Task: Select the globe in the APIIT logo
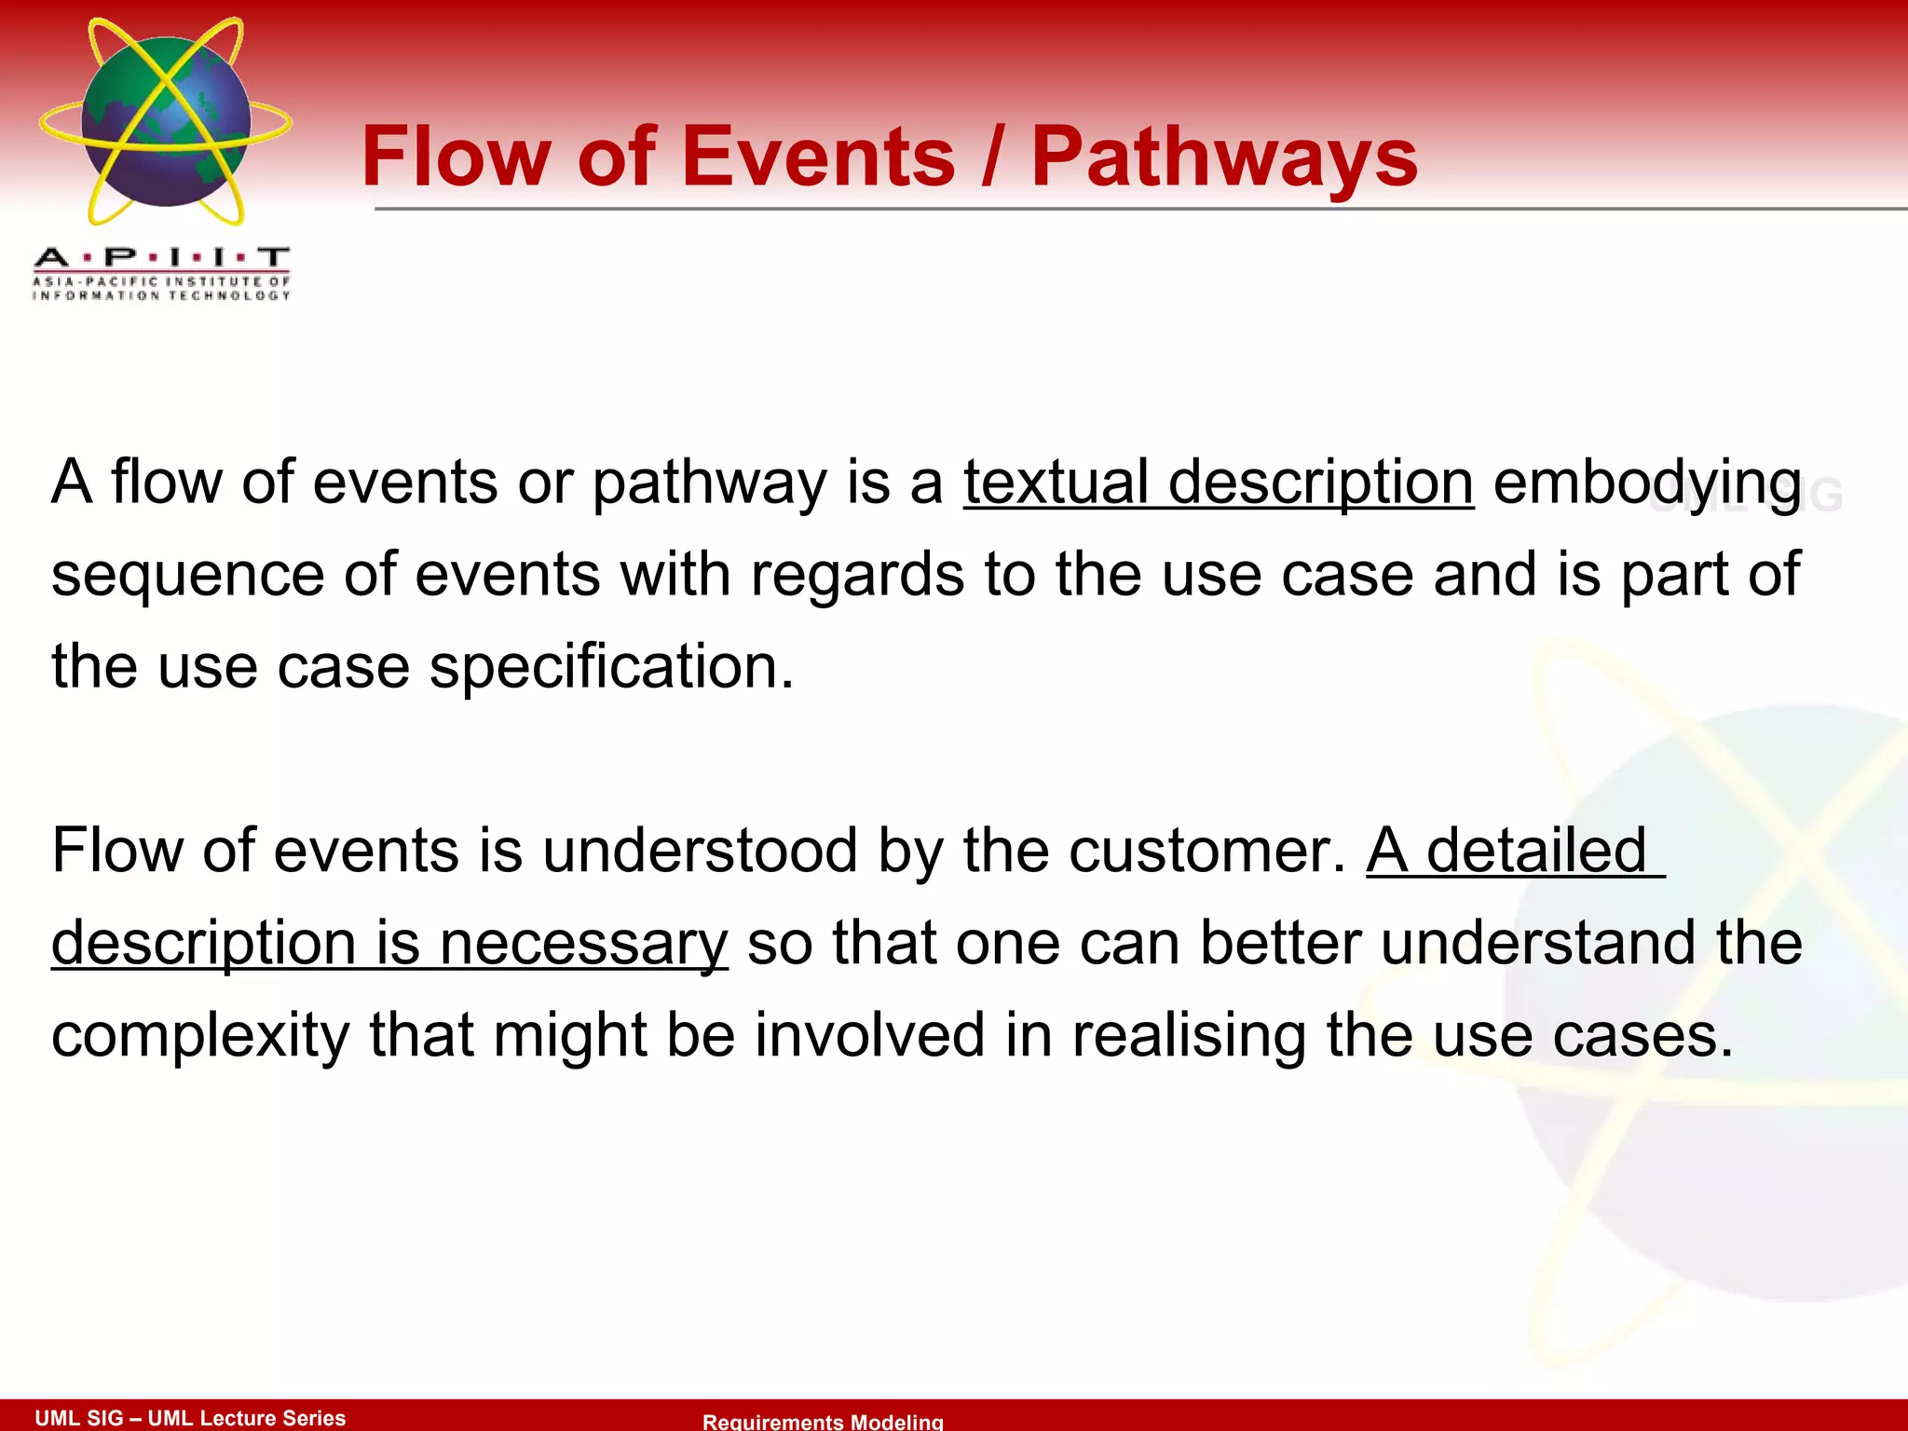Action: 166,121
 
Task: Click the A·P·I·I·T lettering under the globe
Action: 161,257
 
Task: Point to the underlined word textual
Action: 1056,483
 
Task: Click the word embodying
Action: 1646,484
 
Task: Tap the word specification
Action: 610,667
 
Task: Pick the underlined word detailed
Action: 1536,851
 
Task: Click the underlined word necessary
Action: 583,944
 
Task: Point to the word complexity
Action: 199,1036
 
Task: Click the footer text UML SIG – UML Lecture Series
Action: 190,1417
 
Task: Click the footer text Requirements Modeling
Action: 823,1421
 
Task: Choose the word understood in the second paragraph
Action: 700,851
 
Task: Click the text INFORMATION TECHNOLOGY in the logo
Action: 161,295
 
